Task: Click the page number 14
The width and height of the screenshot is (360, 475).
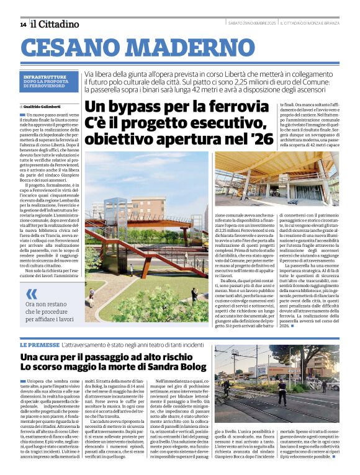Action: tap(23, 24)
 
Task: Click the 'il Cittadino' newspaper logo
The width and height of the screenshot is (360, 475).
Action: tap(55, 24)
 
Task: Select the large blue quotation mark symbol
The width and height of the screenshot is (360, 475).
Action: tap(32, 293)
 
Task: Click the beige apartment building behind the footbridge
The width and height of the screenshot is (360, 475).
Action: tap(186, 217)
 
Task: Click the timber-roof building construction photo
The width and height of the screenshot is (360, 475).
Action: tap(286, 180)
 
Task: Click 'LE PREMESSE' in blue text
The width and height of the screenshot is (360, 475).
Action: tap(40, 344)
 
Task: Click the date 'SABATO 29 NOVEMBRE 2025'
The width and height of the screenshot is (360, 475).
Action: tap(252, 24)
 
